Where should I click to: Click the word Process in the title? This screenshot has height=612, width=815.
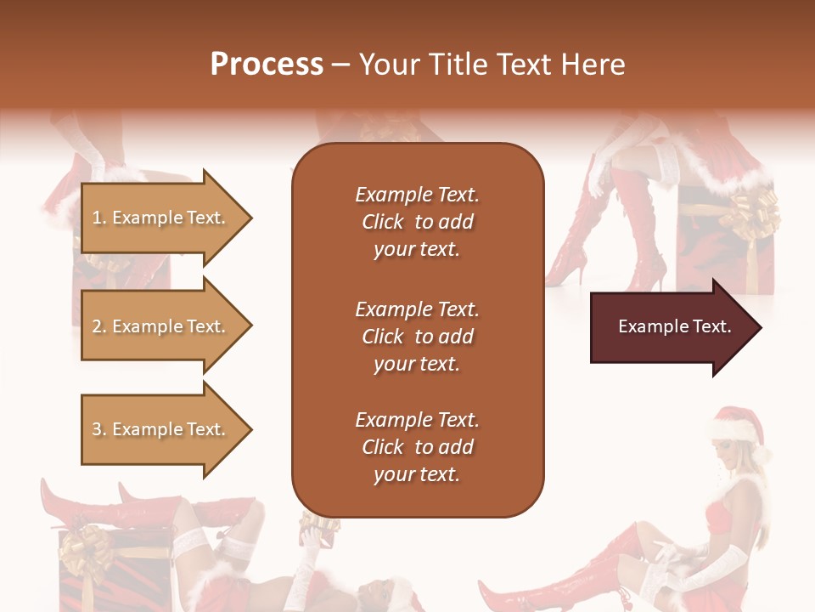coord(267,65)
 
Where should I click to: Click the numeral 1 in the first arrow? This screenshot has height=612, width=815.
coord(97,218)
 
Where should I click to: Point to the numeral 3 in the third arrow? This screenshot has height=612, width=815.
coord(97,430)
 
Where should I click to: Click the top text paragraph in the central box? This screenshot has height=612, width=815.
coord(417,222)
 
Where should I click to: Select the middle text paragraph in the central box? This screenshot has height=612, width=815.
coord(417,337)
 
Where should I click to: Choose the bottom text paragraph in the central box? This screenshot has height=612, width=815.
coord(417,447)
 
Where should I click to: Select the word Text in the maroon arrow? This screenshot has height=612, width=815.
coord(712,327)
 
